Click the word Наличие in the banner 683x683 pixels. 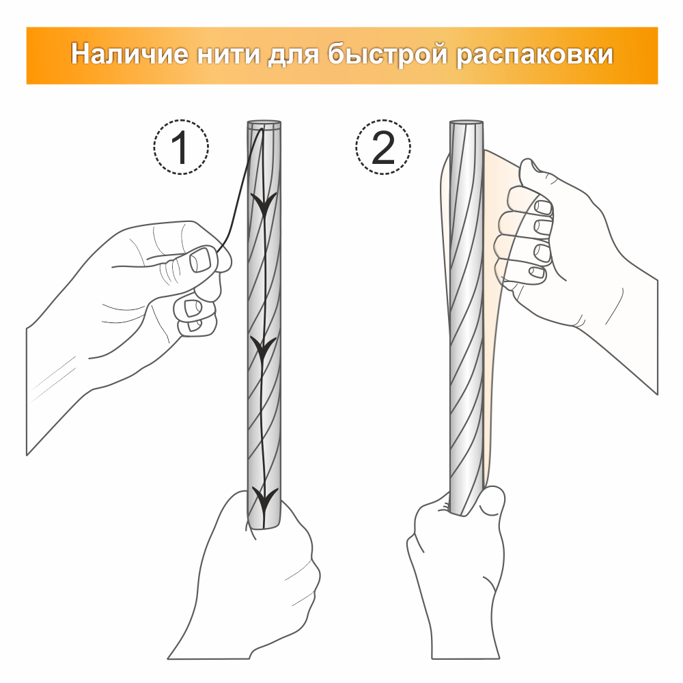(x=130, y=54)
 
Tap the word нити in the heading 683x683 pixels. (x=228, y=55)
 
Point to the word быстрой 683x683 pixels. (x=387, y=55)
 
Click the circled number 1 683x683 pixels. (x=181, y=148)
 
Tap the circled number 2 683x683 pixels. (x=383, y=148)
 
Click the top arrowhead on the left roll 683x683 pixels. (x=263, y=204)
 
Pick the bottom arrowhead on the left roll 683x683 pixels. (x=264, y=499)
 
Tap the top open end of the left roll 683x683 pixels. (x=264, y=124)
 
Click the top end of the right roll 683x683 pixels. (x=466, y=124)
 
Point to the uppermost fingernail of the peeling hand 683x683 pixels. (x=543, y=206)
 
